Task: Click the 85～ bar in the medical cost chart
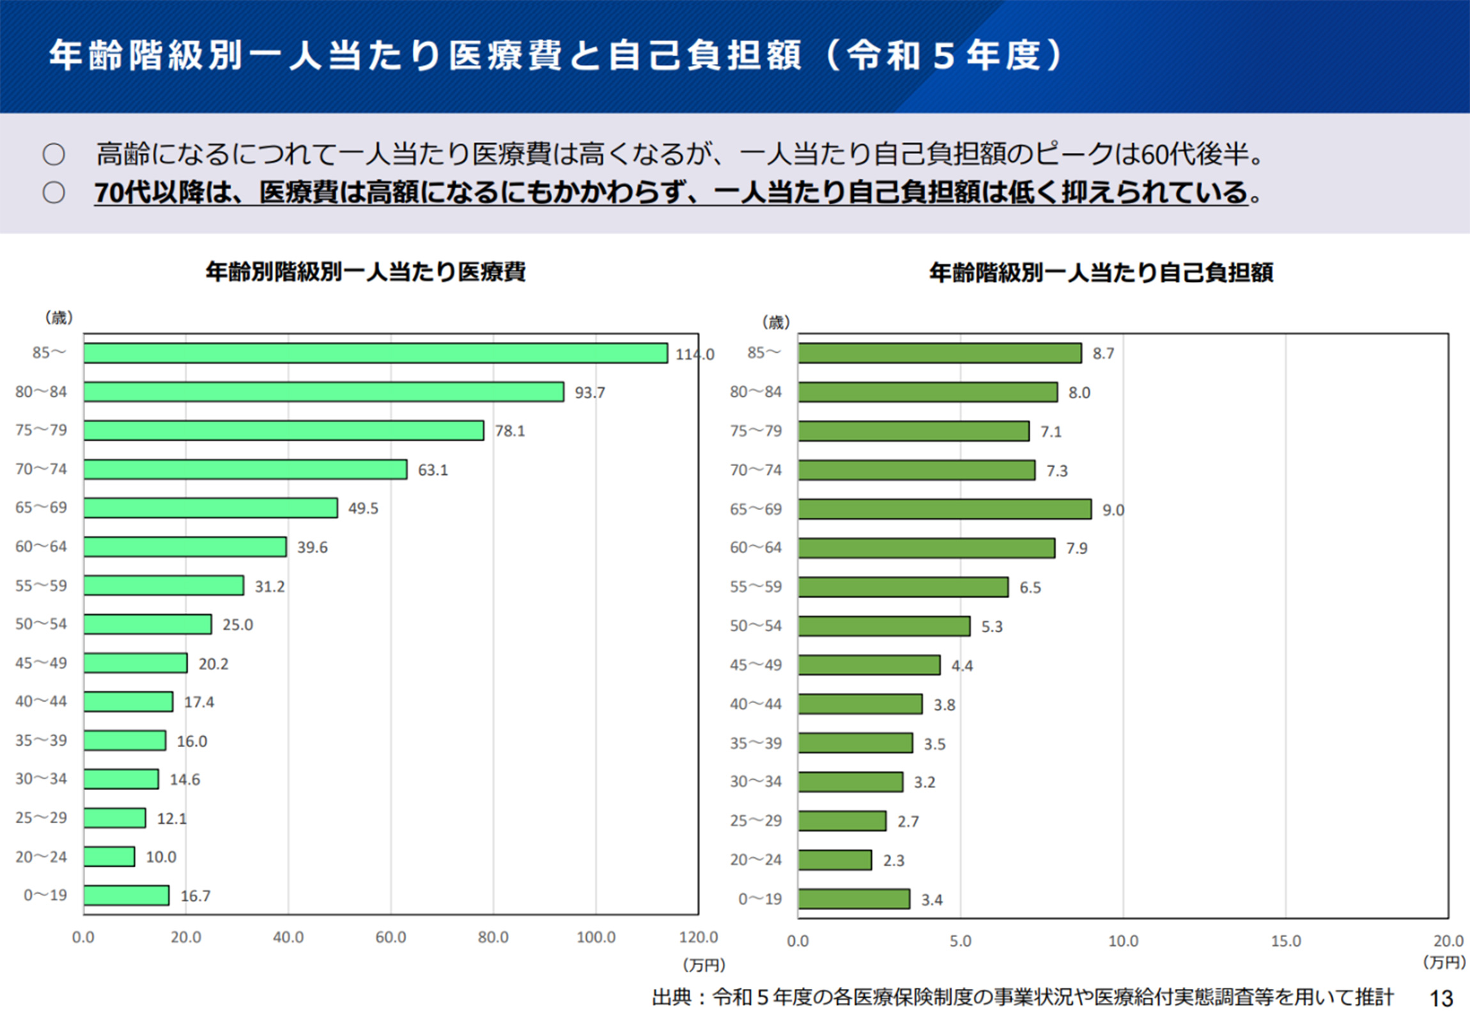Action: point(375,353)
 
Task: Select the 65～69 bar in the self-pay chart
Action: point(944,509)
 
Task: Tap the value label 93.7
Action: point(589,392)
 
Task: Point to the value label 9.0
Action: point(1113,510)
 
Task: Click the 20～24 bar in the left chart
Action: point(109,856)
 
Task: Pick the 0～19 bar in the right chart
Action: point(853,899)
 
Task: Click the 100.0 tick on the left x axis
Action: point(596,938)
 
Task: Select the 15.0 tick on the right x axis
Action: point(1285,941)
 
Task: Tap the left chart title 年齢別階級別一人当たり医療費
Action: point(366,272)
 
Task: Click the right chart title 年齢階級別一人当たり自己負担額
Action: point(1101,273)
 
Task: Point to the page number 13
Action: point(1441,998)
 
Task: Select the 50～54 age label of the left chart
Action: point(41,624)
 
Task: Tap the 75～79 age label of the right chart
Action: point(755,431)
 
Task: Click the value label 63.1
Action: point(433,470)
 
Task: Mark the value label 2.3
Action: point(894,861)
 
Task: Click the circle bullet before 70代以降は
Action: point(54,192)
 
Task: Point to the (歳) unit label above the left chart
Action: point(59,318)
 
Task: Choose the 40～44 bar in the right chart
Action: point(860,704)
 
